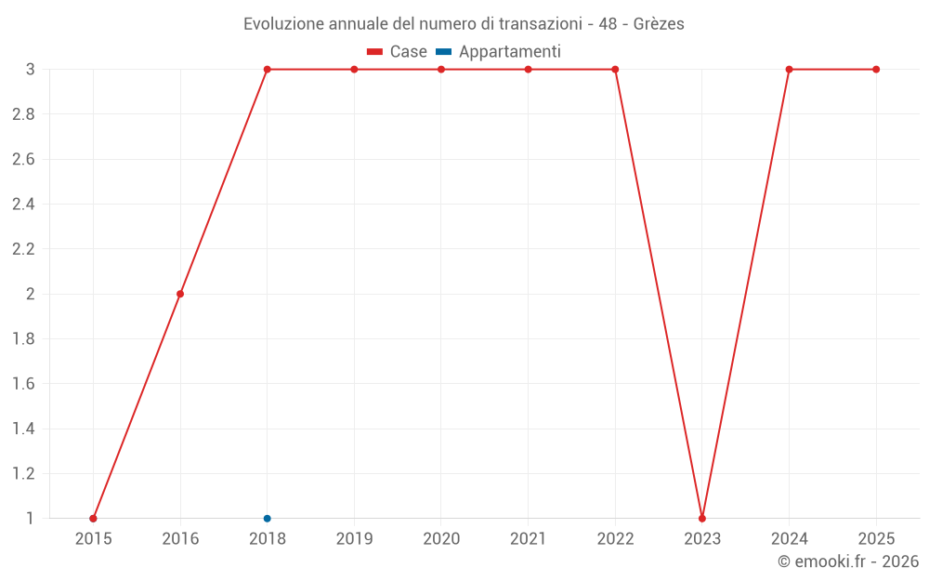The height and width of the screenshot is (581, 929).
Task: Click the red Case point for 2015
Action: pos(93,518)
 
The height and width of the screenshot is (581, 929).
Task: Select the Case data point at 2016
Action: pos(180,294)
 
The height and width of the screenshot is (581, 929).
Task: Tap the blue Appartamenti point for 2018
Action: pos(267,518)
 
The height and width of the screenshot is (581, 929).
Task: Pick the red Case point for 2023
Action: pos(702,518)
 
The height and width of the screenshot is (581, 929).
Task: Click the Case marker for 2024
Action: pos(789,70)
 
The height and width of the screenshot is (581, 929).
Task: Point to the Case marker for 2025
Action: pos(876,70)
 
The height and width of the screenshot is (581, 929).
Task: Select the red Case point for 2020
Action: pos(441,70)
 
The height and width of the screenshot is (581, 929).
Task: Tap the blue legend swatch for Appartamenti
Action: pos(443,52)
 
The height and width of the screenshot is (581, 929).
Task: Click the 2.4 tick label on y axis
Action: pos(23,205)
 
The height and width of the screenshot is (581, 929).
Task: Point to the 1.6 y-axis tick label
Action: pos(23,384)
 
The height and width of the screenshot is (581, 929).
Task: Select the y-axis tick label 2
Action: pos(30,294)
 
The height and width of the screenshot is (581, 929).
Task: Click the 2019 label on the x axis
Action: pos(354,539)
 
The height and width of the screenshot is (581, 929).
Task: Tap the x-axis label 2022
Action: pos(615,539)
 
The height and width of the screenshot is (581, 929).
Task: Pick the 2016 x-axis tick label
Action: pos(180,539)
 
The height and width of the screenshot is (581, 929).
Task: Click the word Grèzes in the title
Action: pos(659,24)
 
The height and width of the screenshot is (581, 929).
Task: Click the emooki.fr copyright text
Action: pos(848,561)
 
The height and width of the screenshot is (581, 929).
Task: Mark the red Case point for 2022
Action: pos(615,70)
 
